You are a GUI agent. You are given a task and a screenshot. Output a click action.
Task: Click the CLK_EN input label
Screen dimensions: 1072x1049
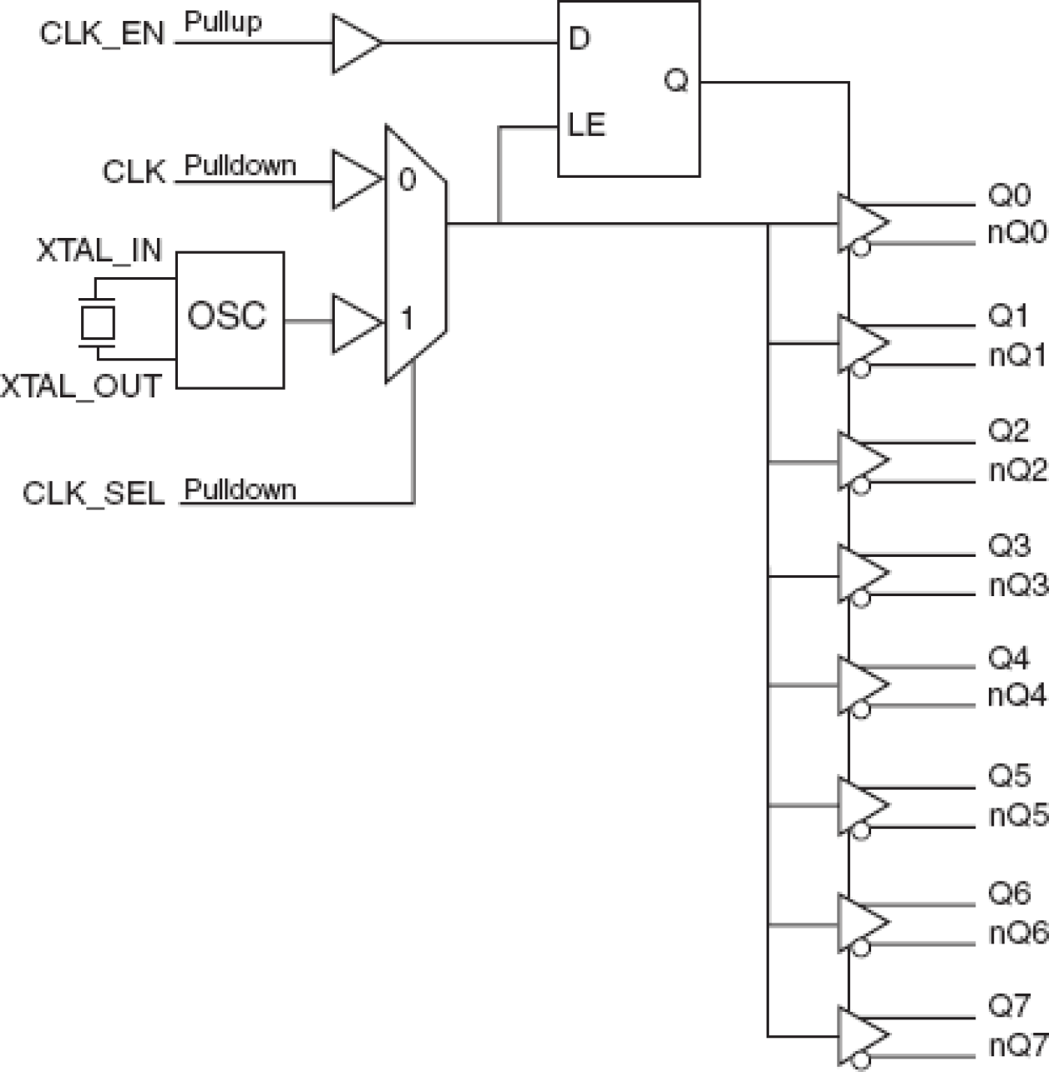(102, 34)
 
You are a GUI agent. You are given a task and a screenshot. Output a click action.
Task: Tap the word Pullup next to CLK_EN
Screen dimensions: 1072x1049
(223, 23)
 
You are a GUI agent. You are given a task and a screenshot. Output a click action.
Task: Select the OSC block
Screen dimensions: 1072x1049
(229, 319)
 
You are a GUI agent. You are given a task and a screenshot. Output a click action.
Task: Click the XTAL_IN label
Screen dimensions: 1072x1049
(99, 250)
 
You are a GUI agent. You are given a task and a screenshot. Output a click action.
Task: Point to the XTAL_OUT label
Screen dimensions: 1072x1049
(81, 387)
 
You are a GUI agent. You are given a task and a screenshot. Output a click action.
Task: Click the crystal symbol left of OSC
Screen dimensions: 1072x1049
(97, 322)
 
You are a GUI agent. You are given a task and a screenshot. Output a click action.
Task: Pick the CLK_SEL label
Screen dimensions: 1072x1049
(94, 493)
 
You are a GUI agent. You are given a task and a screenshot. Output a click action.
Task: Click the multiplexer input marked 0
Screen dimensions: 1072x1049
(407, 180)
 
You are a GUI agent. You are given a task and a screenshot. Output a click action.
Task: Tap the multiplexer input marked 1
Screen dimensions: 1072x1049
(407, 318)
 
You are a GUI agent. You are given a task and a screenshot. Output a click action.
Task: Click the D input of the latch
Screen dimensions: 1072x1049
(578, 38)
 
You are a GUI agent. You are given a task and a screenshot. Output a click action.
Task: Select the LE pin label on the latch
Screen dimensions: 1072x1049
(586, 125)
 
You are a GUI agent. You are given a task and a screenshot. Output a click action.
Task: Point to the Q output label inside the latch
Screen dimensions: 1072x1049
(676, 81)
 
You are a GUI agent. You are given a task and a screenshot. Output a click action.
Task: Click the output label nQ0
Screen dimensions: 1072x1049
(1016, 233)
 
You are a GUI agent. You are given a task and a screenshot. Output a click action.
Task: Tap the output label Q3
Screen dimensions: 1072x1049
(1009, 546)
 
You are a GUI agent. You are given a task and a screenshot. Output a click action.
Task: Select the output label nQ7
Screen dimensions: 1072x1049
(1016, 1044)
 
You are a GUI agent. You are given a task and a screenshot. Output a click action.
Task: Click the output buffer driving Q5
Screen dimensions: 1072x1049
(860, 805)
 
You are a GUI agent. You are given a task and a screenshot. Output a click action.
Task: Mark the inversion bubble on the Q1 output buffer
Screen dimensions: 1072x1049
(861, 368)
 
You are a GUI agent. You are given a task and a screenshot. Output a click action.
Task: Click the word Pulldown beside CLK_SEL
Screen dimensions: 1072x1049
(240, 489)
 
